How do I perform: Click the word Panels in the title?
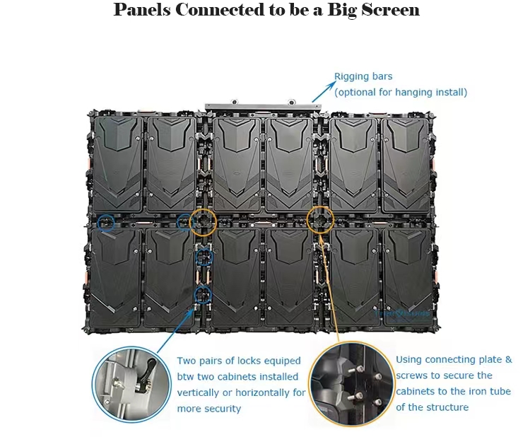pos(142,10)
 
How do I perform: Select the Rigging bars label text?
pos(363,76)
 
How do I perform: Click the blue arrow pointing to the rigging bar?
pos(323,91)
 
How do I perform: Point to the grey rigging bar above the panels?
pos(263,107)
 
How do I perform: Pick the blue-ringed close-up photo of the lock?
pos(131,385)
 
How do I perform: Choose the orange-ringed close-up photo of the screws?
pos(352,383)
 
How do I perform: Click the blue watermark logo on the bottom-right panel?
pos(402,313)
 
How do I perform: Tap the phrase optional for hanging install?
pos(401,93)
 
